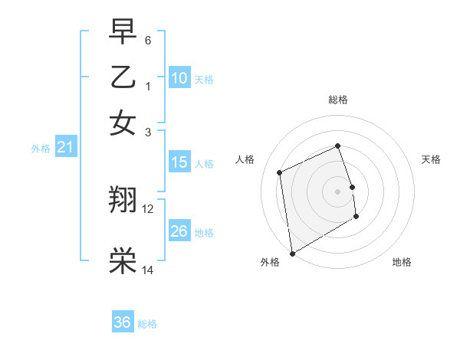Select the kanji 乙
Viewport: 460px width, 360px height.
click(123, 77)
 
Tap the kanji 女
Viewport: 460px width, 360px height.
click(123, 123)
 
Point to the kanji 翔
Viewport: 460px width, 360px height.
click(123, 201)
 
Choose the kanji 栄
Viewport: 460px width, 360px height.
click(123, 261)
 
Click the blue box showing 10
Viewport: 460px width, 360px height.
click(179, 78)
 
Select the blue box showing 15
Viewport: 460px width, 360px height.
click(179, 162)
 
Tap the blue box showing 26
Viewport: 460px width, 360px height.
click(179, 231)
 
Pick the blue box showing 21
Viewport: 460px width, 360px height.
click(65, 148)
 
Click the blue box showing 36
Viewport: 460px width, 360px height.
click(123, 322)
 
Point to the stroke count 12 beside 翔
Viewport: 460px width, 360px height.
click(148, 208)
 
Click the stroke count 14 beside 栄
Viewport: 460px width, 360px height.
click(148, 269)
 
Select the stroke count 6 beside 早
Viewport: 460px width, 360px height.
click(148, 40)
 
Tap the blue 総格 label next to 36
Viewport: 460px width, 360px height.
click(147, 324)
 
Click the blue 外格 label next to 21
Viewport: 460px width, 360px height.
click(41, 149)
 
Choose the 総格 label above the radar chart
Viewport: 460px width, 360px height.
click(338, 100)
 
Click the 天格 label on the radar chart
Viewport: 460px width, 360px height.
click(431, 159)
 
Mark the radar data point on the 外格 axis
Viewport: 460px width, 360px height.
click(292, 254)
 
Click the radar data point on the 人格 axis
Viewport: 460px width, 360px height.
click(280, 172)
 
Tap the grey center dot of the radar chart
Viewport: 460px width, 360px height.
click(338, 191)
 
